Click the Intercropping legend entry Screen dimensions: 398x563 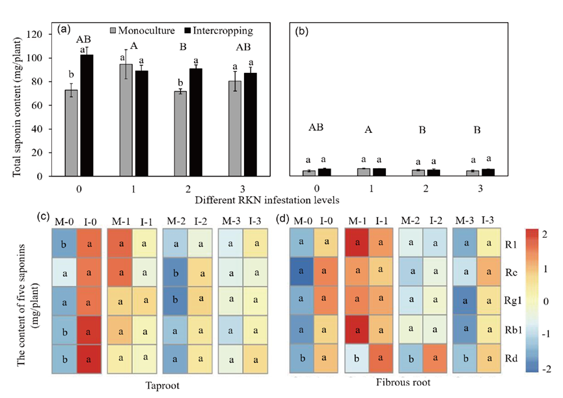point(219,31)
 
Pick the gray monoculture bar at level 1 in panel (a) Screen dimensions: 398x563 point(121,121)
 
